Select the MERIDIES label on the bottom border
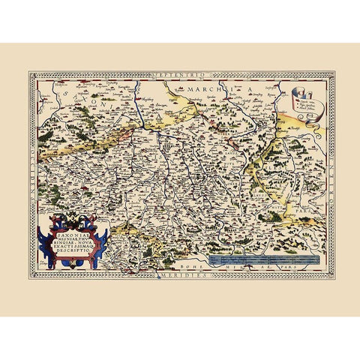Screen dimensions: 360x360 tap(181, 274)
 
